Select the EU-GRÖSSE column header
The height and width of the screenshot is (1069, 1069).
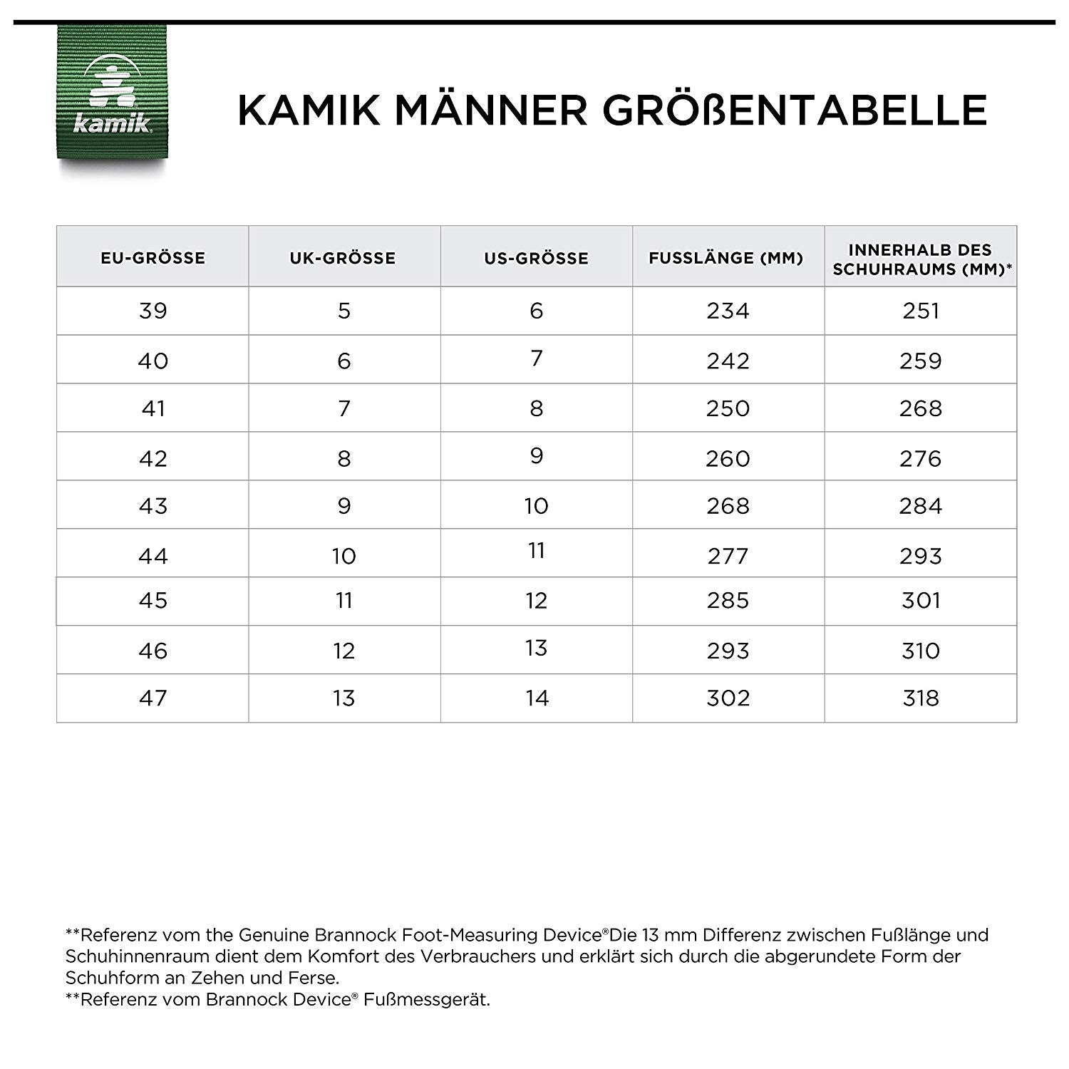click(153, 258)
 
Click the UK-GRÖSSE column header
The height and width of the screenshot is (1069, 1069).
click(344, 258)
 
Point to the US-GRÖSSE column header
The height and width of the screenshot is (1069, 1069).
click(536, 258)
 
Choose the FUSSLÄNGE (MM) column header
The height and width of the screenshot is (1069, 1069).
click(726, 258)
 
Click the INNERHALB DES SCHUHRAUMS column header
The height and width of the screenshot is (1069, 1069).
click(920, 259)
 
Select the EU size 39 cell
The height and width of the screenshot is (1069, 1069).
click(153, 311)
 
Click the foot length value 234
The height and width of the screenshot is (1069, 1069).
click(728, 311)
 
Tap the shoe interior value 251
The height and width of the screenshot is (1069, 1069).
click(920, 311)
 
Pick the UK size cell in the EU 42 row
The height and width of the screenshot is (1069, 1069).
click(344, 458)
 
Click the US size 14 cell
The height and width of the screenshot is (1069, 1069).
click(536, 698)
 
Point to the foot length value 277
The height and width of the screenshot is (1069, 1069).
click(728, 556)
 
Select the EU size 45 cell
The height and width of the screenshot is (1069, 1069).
click(153, 601)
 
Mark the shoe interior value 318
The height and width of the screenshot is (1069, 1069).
click(920, 698)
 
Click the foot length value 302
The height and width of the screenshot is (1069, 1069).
click(728, 698)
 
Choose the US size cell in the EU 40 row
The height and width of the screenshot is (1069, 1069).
click(536, 358)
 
